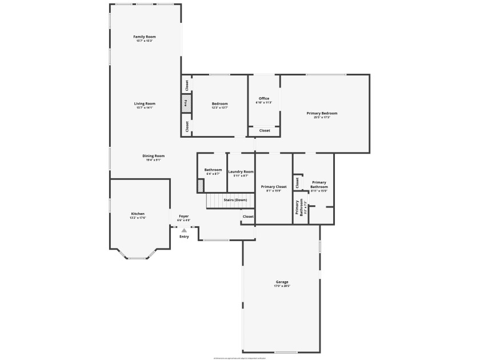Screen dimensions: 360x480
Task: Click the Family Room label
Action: pos(145,37)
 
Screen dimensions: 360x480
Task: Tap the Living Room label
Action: pos(145,103)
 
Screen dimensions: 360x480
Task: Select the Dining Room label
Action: pos(153,156)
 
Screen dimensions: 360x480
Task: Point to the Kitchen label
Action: pos(138,214)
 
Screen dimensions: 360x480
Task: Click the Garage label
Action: pos(282,282)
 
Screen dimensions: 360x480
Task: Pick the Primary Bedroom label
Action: pos(322,113)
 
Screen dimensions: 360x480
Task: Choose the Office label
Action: pos(263,98)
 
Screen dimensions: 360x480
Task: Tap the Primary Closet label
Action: pos(273,187)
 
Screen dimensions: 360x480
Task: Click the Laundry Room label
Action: pos(241,171)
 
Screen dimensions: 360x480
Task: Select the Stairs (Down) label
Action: pos(235,200)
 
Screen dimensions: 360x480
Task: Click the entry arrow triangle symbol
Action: pos(184,230)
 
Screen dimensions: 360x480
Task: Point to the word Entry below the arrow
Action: pos(184,237)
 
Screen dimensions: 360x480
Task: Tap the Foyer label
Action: pos(183,216)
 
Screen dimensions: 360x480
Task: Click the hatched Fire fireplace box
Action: pos(185,104)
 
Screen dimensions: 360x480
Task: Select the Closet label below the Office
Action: pos(265,131)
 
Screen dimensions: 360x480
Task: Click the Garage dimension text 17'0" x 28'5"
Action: pos(282,286)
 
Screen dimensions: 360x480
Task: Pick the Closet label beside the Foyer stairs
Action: pos(248,217)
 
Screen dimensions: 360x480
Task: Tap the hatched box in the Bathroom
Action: pos(201,186)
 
